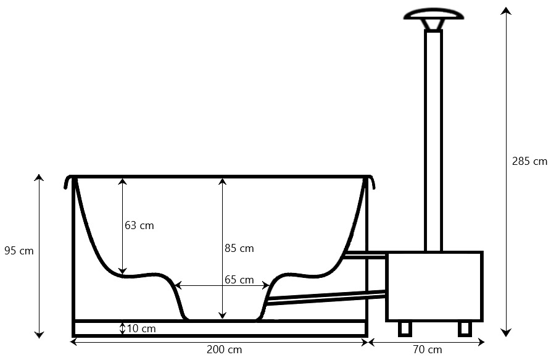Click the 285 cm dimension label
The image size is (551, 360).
point(529,161)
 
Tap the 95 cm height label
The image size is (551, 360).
point(19,251)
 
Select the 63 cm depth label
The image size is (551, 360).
point(139,225)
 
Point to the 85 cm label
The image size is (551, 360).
point(239,248)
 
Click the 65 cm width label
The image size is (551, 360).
point(239,280)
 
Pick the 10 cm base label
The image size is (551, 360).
point(141,329)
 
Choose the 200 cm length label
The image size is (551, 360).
point(224,350)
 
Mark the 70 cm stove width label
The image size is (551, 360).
point(428,350)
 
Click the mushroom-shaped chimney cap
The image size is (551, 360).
point(434,17)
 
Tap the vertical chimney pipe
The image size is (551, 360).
point(434,141)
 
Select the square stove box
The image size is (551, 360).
point(434,286)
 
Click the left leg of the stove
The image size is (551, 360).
point(405,329)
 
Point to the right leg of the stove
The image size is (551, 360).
point(465,329)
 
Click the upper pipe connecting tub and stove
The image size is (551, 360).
point(365,255)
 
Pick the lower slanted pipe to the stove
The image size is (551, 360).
point(326,298)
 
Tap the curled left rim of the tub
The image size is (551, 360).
point(69,182)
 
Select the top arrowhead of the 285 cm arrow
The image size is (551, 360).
point(506,10)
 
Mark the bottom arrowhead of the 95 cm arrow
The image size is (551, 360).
point(39,334)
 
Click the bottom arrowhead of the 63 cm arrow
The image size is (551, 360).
point(122,270)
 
